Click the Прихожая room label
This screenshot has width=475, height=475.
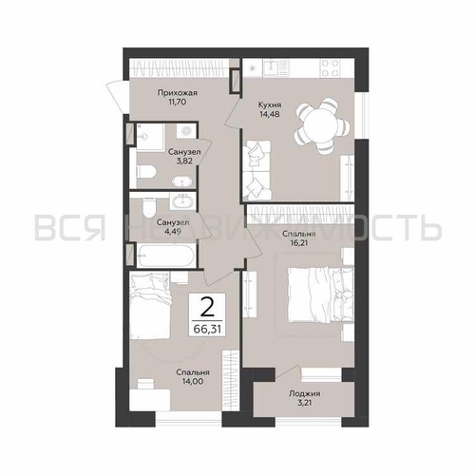[178, 93]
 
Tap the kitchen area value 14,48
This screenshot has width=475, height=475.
[269, 114]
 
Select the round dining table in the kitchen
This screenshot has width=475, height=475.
[322, 125]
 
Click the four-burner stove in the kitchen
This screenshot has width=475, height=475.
[331, 68]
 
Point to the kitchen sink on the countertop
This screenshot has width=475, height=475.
[275, 67]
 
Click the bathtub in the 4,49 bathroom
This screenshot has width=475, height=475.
[167, 256]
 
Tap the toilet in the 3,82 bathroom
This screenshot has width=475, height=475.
[146, 172]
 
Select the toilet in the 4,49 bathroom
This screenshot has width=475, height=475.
[148, 207]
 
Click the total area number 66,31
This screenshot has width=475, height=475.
[207, 330]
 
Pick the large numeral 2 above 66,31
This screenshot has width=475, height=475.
[207, 308]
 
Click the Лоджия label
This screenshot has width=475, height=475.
[304, 394]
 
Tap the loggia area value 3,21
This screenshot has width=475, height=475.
[304, 403]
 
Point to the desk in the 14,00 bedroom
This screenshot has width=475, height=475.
[150, 400]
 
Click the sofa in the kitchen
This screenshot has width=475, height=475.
[256, 170]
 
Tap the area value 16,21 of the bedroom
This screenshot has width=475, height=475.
[298, 243]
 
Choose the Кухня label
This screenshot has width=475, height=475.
[270, 104]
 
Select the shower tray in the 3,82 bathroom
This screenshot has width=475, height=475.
[150, 136]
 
